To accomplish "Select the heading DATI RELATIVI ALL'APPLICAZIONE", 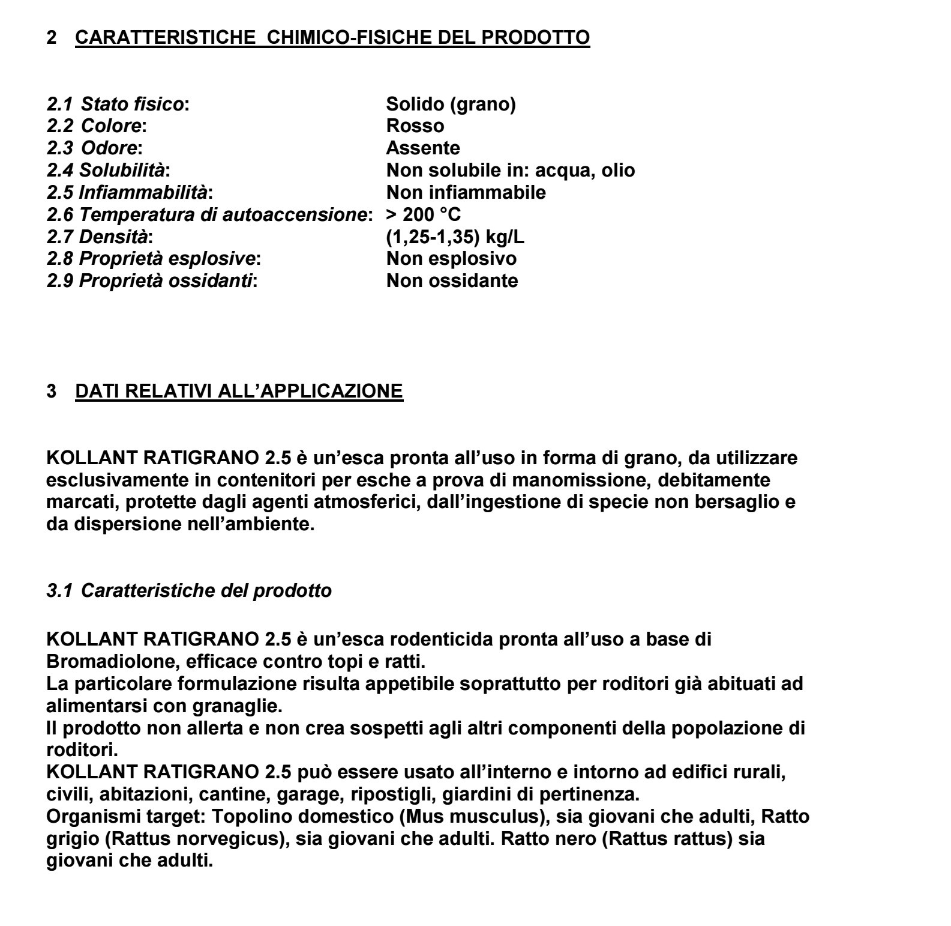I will click(x=239, y=391).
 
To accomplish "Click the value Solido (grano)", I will click(x=451, y=104).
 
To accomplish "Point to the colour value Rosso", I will click(x=415, y=126).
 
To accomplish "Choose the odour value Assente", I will click(x=423, y=148).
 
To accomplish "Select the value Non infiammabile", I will click(x=466, y=192).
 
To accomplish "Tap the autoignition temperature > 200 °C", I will click(x=424, y=214).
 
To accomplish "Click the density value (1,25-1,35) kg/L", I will click(x=455, y=237).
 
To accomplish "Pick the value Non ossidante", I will click(x=452, y=280).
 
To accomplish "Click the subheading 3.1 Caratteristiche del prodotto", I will click(x=189, y=590).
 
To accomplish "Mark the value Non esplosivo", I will click(x=451, y=258).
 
